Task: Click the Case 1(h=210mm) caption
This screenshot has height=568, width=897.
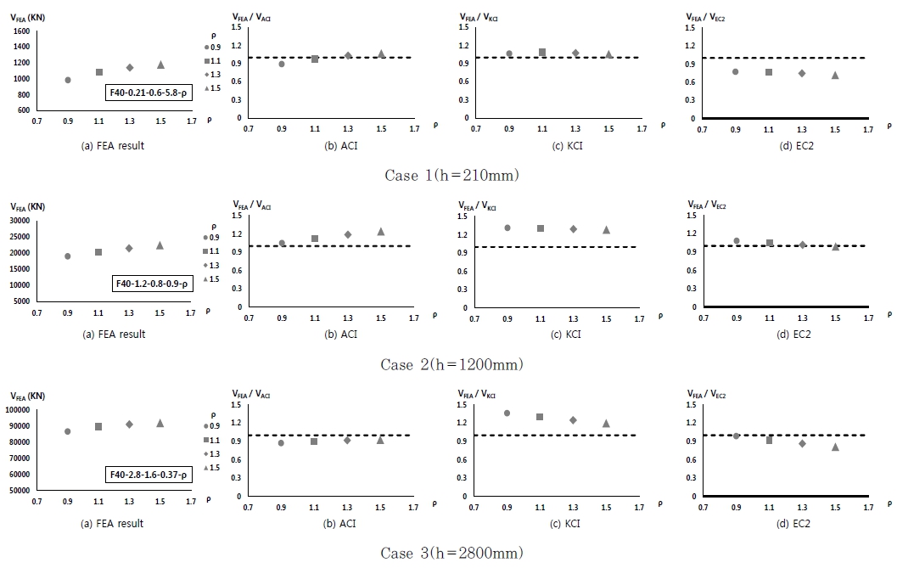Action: [451, 176]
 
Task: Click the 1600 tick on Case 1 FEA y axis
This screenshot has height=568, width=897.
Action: [22, 31]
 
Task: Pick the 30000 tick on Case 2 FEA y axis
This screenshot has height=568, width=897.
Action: [20, 220]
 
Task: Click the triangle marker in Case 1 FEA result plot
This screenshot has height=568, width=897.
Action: [160, 65]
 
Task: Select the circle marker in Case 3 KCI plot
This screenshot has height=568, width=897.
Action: [507, 413]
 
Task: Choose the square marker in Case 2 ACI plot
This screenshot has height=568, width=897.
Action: [315, 239]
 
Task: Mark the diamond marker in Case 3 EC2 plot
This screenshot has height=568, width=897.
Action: [802, 443]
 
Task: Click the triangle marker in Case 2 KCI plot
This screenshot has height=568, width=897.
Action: [606, 229]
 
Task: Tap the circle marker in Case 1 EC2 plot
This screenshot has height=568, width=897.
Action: [736, 71]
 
